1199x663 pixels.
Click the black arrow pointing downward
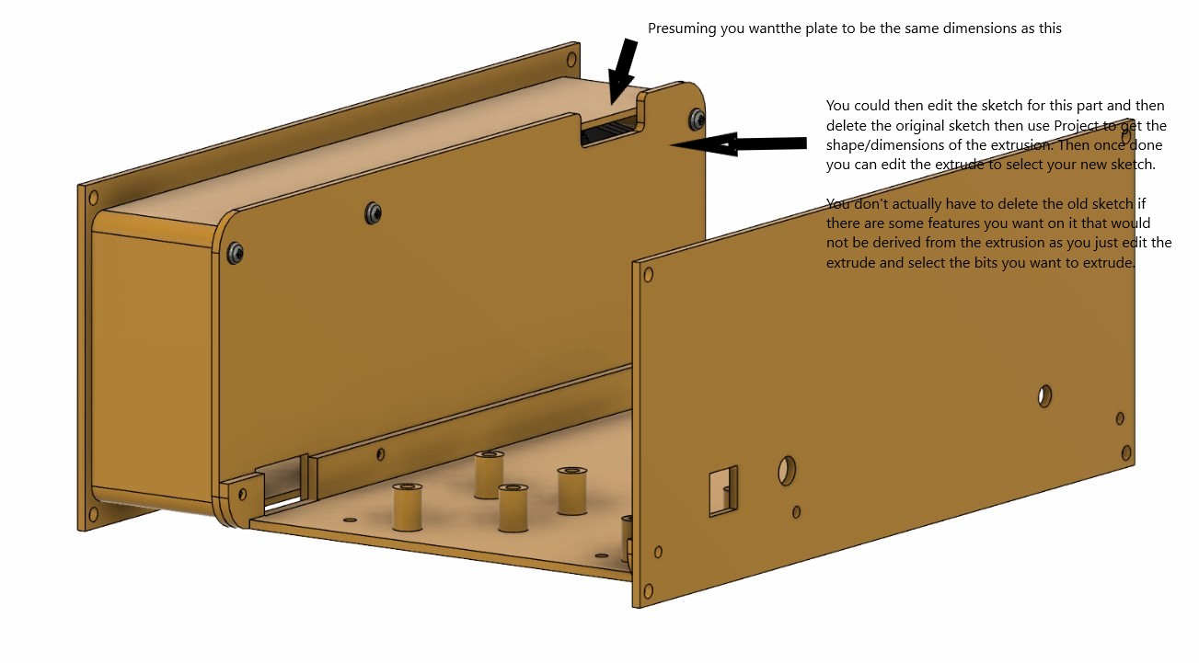(622, 71)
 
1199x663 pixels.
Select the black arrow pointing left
(739, 144)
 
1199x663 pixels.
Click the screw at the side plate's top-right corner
(697, 120)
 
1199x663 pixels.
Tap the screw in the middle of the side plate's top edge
(373, 213)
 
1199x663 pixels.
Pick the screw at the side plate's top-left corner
(235, 253)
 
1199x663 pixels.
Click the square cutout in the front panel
(723, 491)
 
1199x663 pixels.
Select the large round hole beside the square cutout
(787, 471)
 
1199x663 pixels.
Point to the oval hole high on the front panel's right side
(1044, 396)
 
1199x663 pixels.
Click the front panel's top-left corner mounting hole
(648, 275)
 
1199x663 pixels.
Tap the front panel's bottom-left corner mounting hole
(648, 591)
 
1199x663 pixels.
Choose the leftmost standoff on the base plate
(408, 507)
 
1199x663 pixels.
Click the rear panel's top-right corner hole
(571, 59)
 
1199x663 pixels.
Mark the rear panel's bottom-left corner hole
(93, 515)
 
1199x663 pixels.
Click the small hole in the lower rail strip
(381, 454)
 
